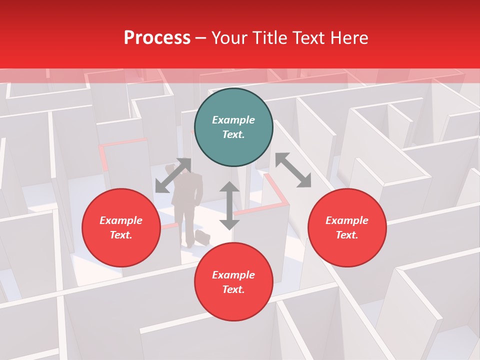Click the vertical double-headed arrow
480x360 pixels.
(229, 205)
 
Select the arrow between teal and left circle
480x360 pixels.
(173, 175)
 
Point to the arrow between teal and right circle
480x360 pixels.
(293, 170)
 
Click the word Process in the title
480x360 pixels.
(157, 38)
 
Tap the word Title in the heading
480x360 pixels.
(269, 38)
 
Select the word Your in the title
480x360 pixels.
(228, 38)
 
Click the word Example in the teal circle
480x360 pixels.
(233, 120)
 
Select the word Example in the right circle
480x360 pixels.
(347, 220)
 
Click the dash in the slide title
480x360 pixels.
(201, 38)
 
